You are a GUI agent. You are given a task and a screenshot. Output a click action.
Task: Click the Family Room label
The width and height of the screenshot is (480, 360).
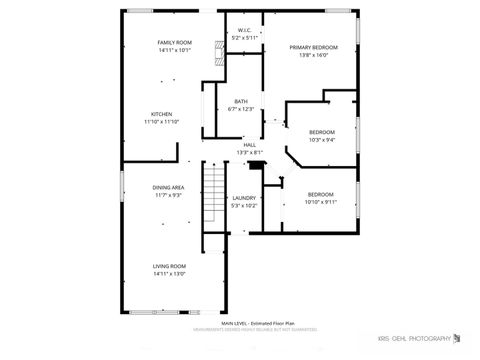pyautogui.click(x=175, y=42)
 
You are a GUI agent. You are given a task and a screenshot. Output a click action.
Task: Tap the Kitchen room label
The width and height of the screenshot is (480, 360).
pyautogui.click(x=162, y=114)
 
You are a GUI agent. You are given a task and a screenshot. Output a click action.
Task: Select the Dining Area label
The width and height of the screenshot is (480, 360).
pyautogui.click(x=168, y=188)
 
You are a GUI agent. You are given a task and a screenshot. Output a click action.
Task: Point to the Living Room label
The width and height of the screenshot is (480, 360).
pyautogui.click(x=169, y=266)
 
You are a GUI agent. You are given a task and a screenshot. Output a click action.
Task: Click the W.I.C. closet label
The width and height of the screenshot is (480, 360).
pyautogui.click(x=244, y=31)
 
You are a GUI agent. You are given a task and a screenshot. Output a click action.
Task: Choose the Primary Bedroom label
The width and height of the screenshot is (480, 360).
pyautogui.click(x=313, y=48)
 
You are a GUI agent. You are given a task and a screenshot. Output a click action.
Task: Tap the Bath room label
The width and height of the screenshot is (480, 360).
pyautogui.click(x=241, y=101)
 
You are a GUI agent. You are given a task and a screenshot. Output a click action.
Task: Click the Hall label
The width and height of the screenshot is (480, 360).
pyautogui.click(x=250, y=144)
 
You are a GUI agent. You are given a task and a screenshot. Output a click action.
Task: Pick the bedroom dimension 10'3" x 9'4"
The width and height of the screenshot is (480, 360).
pyautogui.click(x=321, y=140)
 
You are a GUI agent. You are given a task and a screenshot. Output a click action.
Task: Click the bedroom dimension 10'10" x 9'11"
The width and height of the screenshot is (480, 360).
pyautogui.click(x=321, y=201)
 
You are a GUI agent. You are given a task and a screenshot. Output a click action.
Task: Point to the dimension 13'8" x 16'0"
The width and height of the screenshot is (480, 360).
pyautogui.click(x=313, y=56)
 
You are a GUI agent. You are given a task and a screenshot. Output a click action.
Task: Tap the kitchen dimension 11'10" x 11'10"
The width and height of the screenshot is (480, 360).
pyautogui.click(x=162, y=122)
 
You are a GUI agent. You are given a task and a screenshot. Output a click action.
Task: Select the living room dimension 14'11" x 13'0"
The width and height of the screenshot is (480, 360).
pyautogui.click(x=169, y=274)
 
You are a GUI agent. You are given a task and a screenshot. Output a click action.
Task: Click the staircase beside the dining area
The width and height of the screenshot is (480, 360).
pyautogui.click(x=212, y=195)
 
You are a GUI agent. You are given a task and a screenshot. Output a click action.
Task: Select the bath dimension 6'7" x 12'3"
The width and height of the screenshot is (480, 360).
pyautogui.click(x=241, y=109)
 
